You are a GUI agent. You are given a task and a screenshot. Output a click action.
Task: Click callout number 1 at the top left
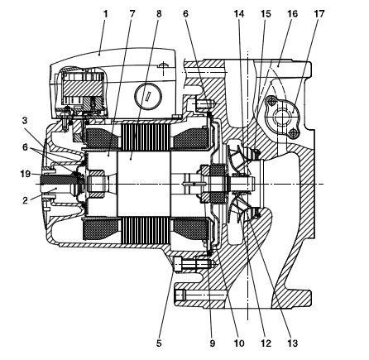[x=105, y=14]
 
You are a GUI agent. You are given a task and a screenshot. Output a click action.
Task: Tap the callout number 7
[x=132, y=14]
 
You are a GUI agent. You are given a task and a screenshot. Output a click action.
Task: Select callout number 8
[x=159, y=14]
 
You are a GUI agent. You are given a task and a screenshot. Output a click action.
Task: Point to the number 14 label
[x=239, y=14]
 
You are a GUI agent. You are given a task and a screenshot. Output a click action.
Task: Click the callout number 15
[x=266, y=14]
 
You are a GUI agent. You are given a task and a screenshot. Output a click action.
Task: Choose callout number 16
[x=293, y=14]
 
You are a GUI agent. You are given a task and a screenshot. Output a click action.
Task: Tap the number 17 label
[x=319, y=14]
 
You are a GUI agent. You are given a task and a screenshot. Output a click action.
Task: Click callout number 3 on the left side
[x=25, y=121]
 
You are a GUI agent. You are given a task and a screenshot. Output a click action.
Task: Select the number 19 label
[x=26, y=174]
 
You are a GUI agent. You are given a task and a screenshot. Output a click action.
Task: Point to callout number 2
[x=25, y=200]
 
